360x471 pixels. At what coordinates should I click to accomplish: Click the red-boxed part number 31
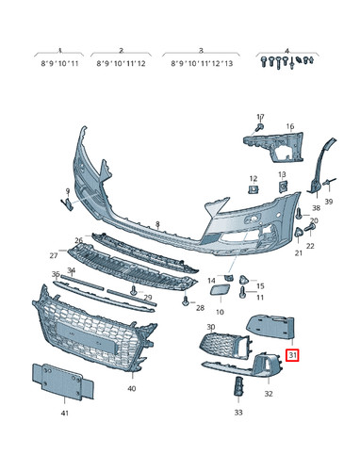click(x=292, y=355)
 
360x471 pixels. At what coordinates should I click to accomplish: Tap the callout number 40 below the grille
click(x=132, y=388)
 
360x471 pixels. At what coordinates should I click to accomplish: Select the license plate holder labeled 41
click(x=63, y=382)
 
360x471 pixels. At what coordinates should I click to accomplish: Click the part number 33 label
click(x=238, y=412)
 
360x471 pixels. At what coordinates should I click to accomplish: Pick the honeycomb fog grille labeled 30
click(x=224, y=345)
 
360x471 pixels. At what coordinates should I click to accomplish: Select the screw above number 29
click(x=134, y=290)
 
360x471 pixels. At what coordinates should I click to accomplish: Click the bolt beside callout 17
click(x=259, y=127)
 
